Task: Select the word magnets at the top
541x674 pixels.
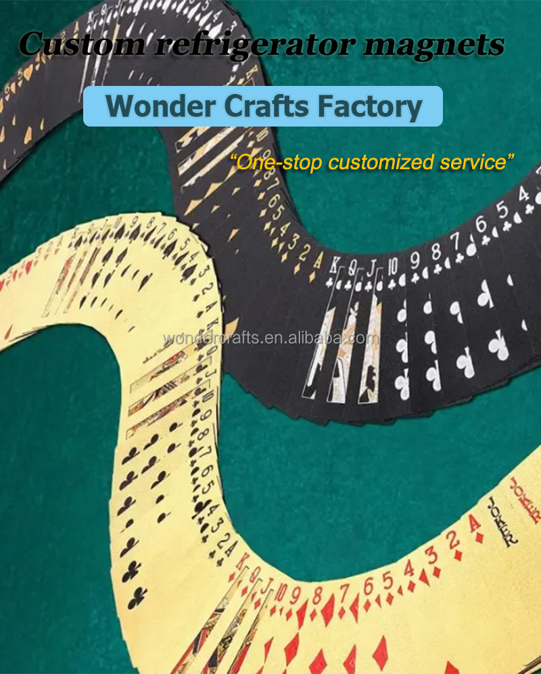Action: [x=433, y=45]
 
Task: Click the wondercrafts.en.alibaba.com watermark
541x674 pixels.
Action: [x=270, y=338]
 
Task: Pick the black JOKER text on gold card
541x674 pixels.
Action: [x=504, y=521]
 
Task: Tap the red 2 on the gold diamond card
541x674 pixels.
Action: [x=454, y=539]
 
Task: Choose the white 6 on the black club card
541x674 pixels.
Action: [x=480, y=223]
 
